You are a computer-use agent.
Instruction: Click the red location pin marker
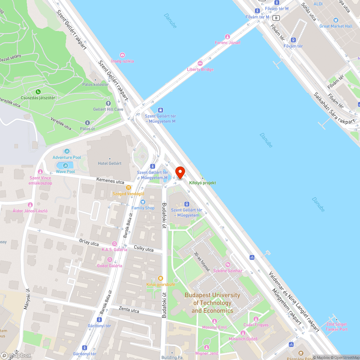tap(180, 172)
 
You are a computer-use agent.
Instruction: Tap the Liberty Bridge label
tap(200, 69)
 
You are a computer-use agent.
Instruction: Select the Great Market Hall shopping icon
tap(336, 20)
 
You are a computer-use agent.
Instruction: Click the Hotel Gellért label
tap(110, 163)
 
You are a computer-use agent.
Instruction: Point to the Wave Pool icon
tap(66, 166)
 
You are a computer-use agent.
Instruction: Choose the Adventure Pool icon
tap(67, 151)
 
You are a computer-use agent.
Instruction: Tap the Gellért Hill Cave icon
tap(108, 103)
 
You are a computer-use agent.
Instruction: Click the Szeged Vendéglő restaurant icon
tap(128, 187)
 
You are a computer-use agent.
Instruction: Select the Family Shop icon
tap(143, 202)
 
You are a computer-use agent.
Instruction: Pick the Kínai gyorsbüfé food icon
tap(161, 278)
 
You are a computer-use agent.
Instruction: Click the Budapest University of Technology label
tap(212, 303)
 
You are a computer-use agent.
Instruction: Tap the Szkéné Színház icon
tap(228, 265)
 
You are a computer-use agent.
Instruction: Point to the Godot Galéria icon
tap(109, 260)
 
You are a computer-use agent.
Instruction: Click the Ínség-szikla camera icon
tap(122, 55)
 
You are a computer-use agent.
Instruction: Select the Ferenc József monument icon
tap(228, 37)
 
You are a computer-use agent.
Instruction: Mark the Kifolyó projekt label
tap(203, 183)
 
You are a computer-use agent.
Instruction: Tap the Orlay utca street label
tap(89, 243)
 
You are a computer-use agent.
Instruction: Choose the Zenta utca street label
tap(129, 310)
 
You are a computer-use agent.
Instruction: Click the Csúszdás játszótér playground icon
tap(38, 92)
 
